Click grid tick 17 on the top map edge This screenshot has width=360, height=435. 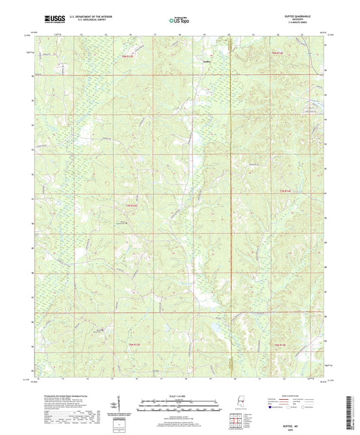pos(155,33)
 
